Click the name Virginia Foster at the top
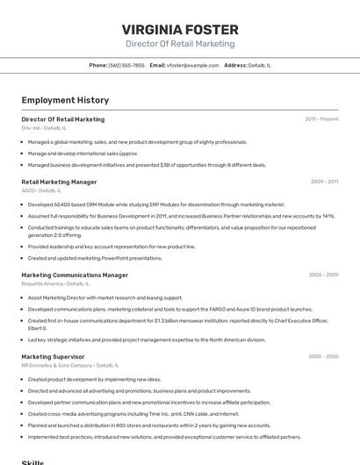pyautogui.click(x=180, y=29)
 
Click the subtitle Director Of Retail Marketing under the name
pyautogui.click(x=180, y=44)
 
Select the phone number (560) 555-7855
pyautogui.click(x=126, y=65)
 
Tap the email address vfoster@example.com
pyautogui.click(x=192, y=65)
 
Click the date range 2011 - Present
pyautogui.click(x=321, y=118)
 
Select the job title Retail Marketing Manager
pyautogui.click(x=59, y=182)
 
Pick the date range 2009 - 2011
pyautogui.click(x=324, y=182)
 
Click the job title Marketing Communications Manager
pyautogui.click(x=75, y=275)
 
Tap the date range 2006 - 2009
pyautogui.click(x=323, y=275)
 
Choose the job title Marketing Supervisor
pyautogui.click(x=53, y=356)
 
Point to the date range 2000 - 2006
pyautogui.click(x=323, y=356)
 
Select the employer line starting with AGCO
pyautogui.click(x=40, y=190)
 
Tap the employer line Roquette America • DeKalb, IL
pyautogui.click(x=55, y=283)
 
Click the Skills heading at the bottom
pyautogui.click(x=32, y=461)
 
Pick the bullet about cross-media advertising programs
pyautogui.click(x=133, y=413)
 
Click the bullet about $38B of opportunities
pyautogui.click(x=147, y=164)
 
